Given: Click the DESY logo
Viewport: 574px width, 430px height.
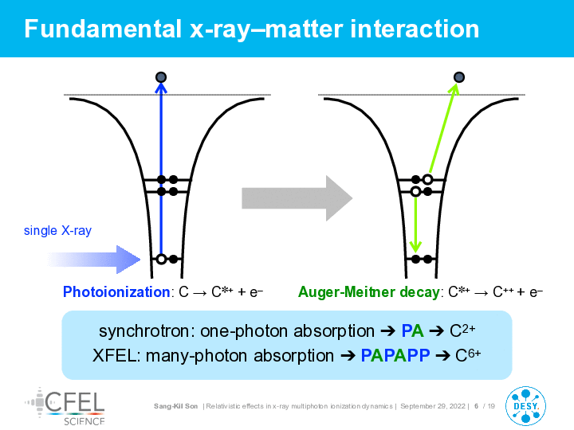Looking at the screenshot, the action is (x=525, y=406).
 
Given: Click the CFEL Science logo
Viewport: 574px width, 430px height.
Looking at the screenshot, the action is (x=65, y=407).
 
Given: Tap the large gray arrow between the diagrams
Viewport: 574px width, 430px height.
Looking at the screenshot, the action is (x=297, y=198).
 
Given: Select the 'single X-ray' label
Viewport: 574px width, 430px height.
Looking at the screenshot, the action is (x=57, y=230).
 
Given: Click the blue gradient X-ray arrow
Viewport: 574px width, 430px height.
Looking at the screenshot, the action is (x=94, y=260).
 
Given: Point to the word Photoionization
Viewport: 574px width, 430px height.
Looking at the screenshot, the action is (x=116, y=291).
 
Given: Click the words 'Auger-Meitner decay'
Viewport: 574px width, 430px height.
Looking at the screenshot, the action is (x=368, y=291).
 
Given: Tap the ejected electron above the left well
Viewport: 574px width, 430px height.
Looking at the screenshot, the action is (x=161, y=77).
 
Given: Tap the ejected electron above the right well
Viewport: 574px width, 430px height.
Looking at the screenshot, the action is (x=459, y=77).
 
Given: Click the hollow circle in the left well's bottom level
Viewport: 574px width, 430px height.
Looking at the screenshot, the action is (x=161, y=260).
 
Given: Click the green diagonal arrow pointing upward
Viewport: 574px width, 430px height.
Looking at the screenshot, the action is (x=444, y=128).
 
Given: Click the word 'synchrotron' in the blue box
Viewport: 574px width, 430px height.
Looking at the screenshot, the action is (x=144, y=331).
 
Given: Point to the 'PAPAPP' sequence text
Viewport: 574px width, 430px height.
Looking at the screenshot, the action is (x=395, y=355).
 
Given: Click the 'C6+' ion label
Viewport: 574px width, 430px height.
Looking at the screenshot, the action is (x=468, y=354).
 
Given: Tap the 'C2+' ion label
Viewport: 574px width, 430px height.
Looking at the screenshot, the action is (x=462, y=330).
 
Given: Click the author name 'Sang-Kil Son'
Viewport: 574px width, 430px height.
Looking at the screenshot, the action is (x=175, y=406).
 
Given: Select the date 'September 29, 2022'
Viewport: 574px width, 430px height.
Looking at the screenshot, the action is (x=433, y=406).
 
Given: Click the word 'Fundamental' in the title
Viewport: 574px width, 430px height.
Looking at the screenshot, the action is (x=103, y=29).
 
